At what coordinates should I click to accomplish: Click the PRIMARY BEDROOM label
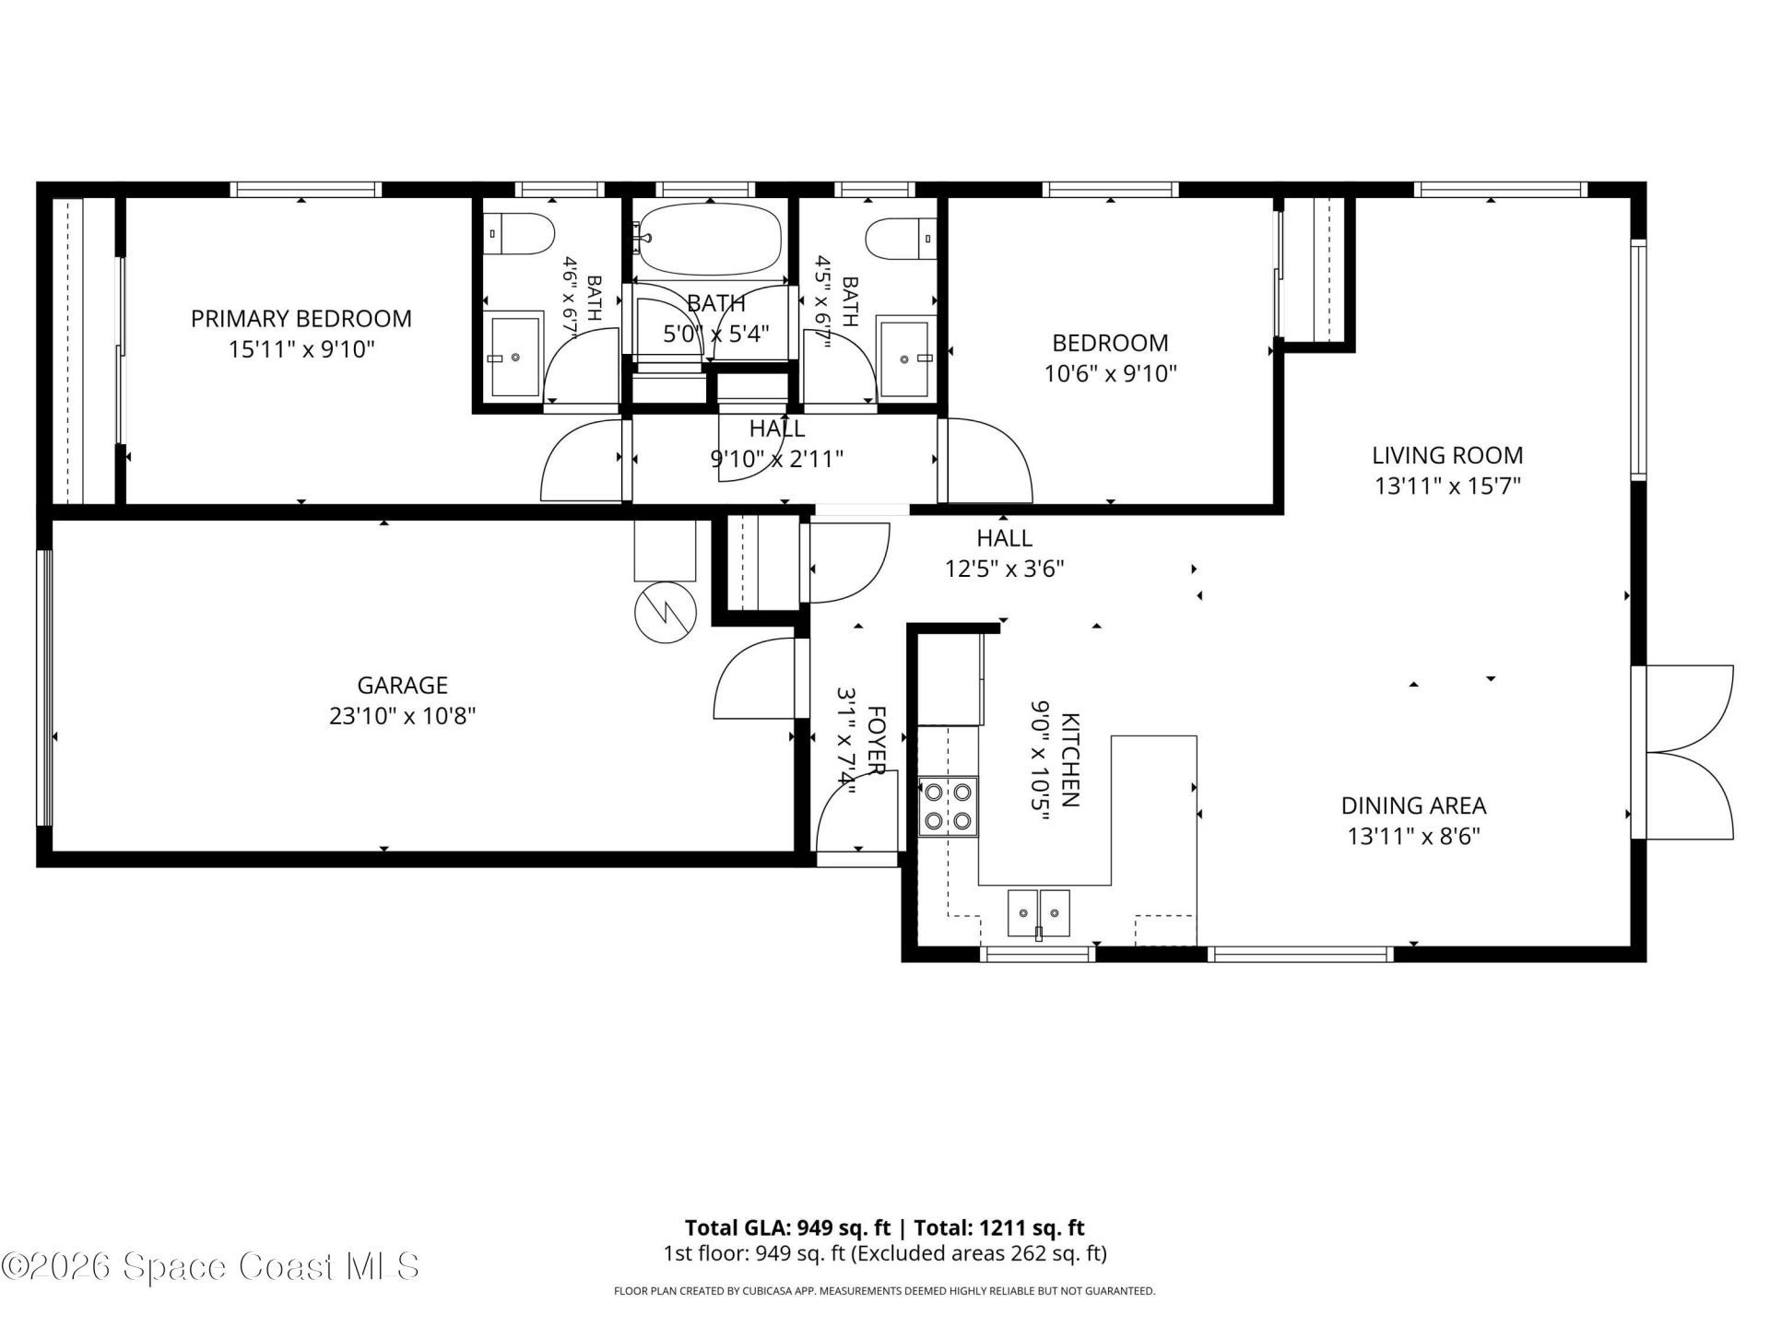(x=301, y=319)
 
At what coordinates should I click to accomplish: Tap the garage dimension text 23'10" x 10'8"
(x=402, y=716)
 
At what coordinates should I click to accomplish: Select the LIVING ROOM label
(x=1447, y=455)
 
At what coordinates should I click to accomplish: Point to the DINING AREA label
(x=1413, y=805)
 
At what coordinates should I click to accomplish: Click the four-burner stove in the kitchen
(x=949, y=806)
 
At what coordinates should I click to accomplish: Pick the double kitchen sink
(x=1039, y=913)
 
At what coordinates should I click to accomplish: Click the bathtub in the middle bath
(x=709, y=239)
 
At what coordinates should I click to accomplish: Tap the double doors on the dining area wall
(x=1682, y=752)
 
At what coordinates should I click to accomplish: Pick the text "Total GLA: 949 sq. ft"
(x=787, y=1227)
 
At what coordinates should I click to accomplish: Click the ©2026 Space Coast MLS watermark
(x=210, y=1266)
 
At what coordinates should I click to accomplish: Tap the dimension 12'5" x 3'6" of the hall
(x=1004, y=569)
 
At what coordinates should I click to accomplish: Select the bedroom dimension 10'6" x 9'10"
(x=1110, y=374)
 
